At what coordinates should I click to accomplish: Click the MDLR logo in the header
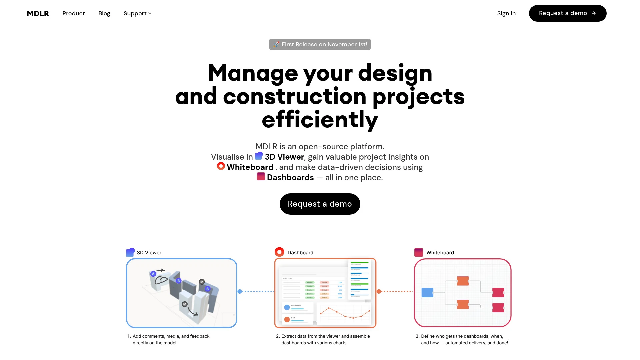click(38, 13)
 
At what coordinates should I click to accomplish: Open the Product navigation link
click(73, 13)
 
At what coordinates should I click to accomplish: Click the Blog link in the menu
click(104, 13)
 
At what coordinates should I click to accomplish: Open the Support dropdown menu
click(137, 13)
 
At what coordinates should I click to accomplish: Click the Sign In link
click(506, 13)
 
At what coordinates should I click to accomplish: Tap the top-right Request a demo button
click(567, 13)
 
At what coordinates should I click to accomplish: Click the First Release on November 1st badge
click(320, 44)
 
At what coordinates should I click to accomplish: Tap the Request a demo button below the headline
click(320, 204)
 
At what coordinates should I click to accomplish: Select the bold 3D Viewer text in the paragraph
click(284, 157)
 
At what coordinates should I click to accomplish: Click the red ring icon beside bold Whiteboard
click(221, 166)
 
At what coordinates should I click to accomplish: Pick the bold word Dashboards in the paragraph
click(290, 178)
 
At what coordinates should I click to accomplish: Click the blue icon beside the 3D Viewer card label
click(130, 252)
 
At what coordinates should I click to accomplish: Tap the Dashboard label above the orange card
click(300, 253)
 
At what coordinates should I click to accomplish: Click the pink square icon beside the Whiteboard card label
click(418, 252)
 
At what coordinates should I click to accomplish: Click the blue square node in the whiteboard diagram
click(427, 293)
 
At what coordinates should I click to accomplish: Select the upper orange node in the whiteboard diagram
click(463, 281)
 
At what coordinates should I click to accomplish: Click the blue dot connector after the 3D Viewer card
click(240, 292)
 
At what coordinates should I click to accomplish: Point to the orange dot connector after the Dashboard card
click(379, 292)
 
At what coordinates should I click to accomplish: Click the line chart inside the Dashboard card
click(345, 313)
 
